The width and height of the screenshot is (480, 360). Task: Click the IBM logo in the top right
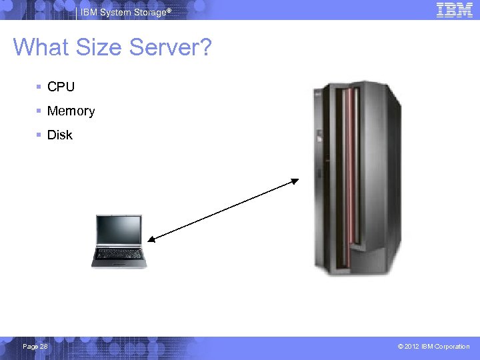[x=454, y=9]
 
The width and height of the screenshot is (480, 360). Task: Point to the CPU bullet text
[x=61, y=87]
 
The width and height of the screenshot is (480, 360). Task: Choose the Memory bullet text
[x=71, y=111]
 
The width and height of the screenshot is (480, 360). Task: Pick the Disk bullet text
[x=59, y=135]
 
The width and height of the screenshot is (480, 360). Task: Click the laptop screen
[x=119, y=231]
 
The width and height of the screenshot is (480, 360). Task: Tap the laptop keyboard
[x=119, y=255]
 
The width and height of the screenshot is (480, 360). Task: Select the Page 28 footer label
[x=35, y=347]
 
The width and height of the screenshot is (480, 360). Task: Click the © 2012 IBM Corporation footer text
[x=433, y=347]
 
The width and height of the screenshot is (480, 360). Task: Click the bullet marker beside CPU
[x=39, y=87]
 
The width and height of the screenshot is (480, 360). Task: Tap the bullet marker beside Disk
[x=39, y=135]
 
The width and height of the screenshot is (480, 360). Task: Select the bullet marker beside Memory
[x=39, y=111]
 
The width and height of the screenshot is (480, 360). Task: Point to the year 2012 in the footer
[x=411, y=347]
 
